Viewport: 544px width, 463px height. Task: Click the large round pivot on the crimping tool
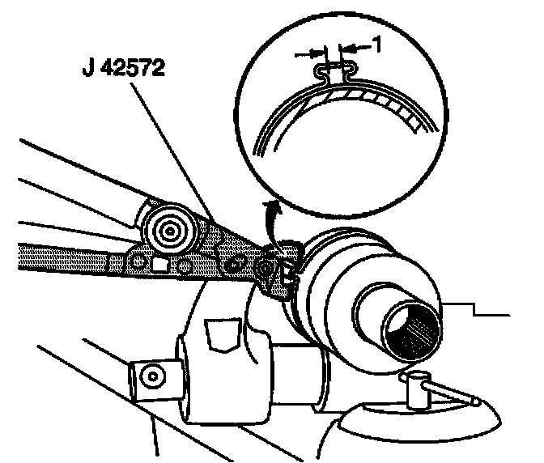pos(169,231)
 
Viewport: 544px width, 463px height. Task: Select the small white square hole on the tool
pos(159,264)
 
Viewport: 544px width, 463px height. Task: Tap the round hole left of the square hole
pos(139,261)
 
